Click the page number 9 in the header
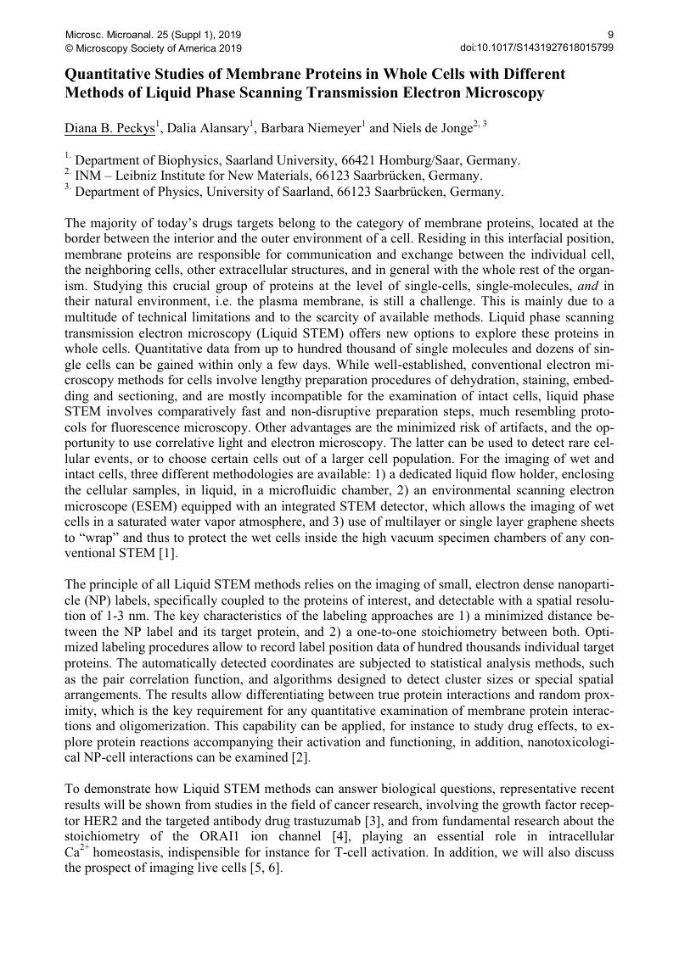tap(610, 35)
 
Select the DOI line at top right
tap(536, 48)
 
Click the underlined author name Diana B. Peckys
tap(110, 129)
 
